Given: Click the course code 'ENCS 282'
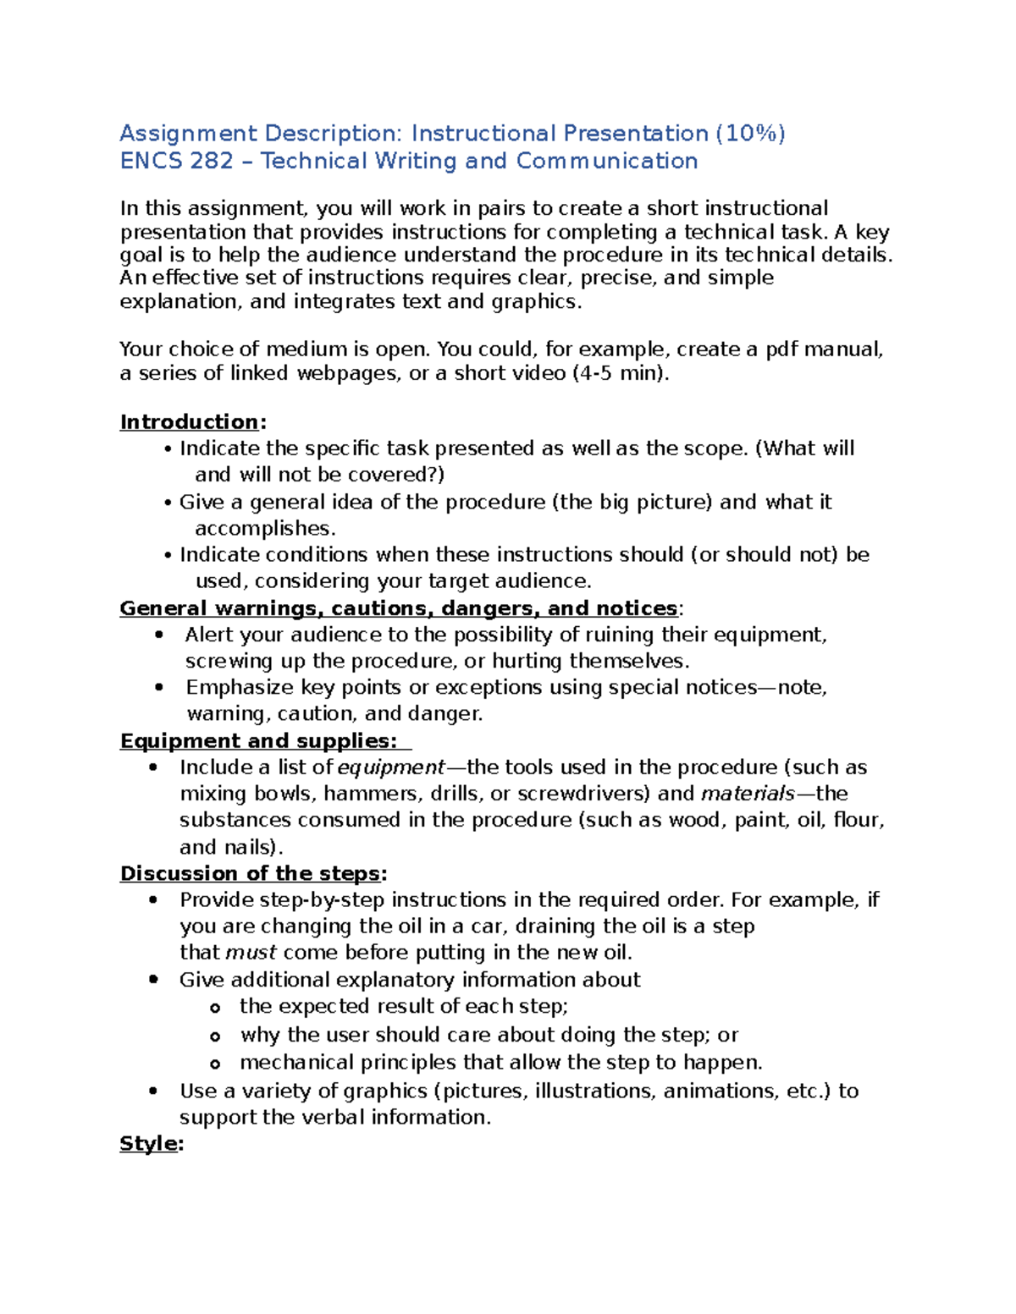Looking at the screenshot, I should coord(176,162).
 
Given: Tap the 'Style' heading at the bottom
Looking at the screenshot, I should coord(149,1144).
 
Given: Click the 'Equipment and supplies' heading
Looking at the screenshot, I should coord(258,741).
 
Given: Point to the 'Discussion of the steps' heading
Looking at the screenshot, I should coord(250,874).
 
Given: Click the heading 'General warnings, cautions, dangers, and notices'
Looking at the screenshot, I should coord(398,608).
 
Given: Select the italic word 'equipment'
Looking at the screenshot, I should coord(390,767).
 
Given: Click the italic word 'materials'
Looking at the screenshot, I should coord(748,794).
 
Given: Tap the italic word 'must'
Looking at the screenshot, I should coord(251,953).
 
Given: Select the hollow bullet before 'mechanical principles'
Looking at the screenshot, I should coord(215,1064).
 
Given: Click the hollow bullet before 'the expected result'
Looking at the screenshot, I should coord(215,1008).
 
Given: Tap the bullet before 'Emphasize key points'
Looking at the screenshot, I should coord(158,687).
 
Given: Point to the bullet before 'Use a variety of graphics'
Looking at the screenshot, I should coord(152,1091).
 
